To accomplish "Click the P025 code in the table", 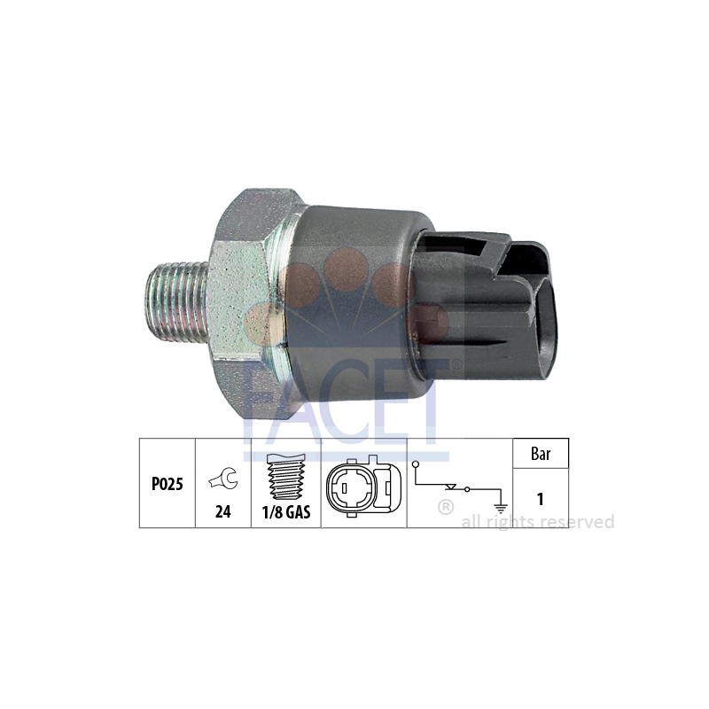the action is click(168, 484).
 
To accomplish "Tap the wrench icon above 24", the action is click(223, 479).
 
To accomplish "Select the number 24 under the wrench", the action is click(223, 512).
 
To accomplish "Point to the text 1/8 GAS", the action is click(286, 512).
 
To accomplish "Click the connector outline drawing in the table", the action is click(363, 486).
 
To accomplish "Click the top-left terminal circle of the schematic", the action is click(416, 464).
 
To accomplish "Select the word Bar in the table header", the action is click(541, 454).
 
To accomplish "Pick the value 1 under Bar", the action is click(541, 499).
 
